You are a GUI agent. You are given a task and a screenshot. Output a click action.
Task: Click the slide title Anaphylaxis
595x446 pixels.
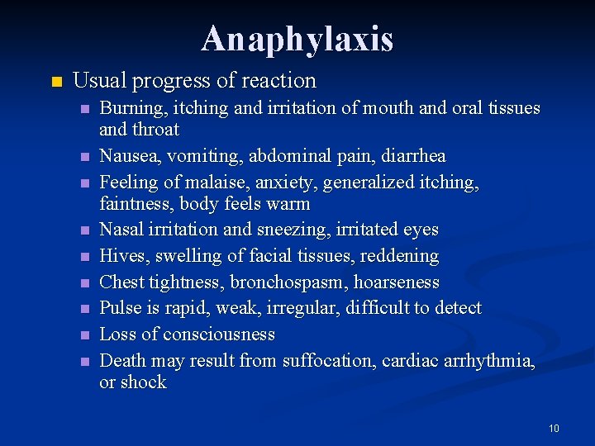(x=297, y=39)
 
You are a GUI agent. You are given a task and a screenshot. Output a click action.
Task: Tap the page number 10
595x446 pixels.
(x=553, y=429)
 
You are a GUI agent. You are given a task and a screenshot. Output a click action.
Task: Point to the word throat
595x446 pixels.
(x=157, y=130)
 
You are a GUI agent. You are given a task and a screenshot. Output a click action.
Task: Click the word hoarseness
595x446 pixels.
(x=397, y=282)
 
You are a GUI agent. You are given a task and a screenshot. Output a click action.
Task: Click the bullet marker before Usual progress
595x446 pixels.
(x=55, y=82)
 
